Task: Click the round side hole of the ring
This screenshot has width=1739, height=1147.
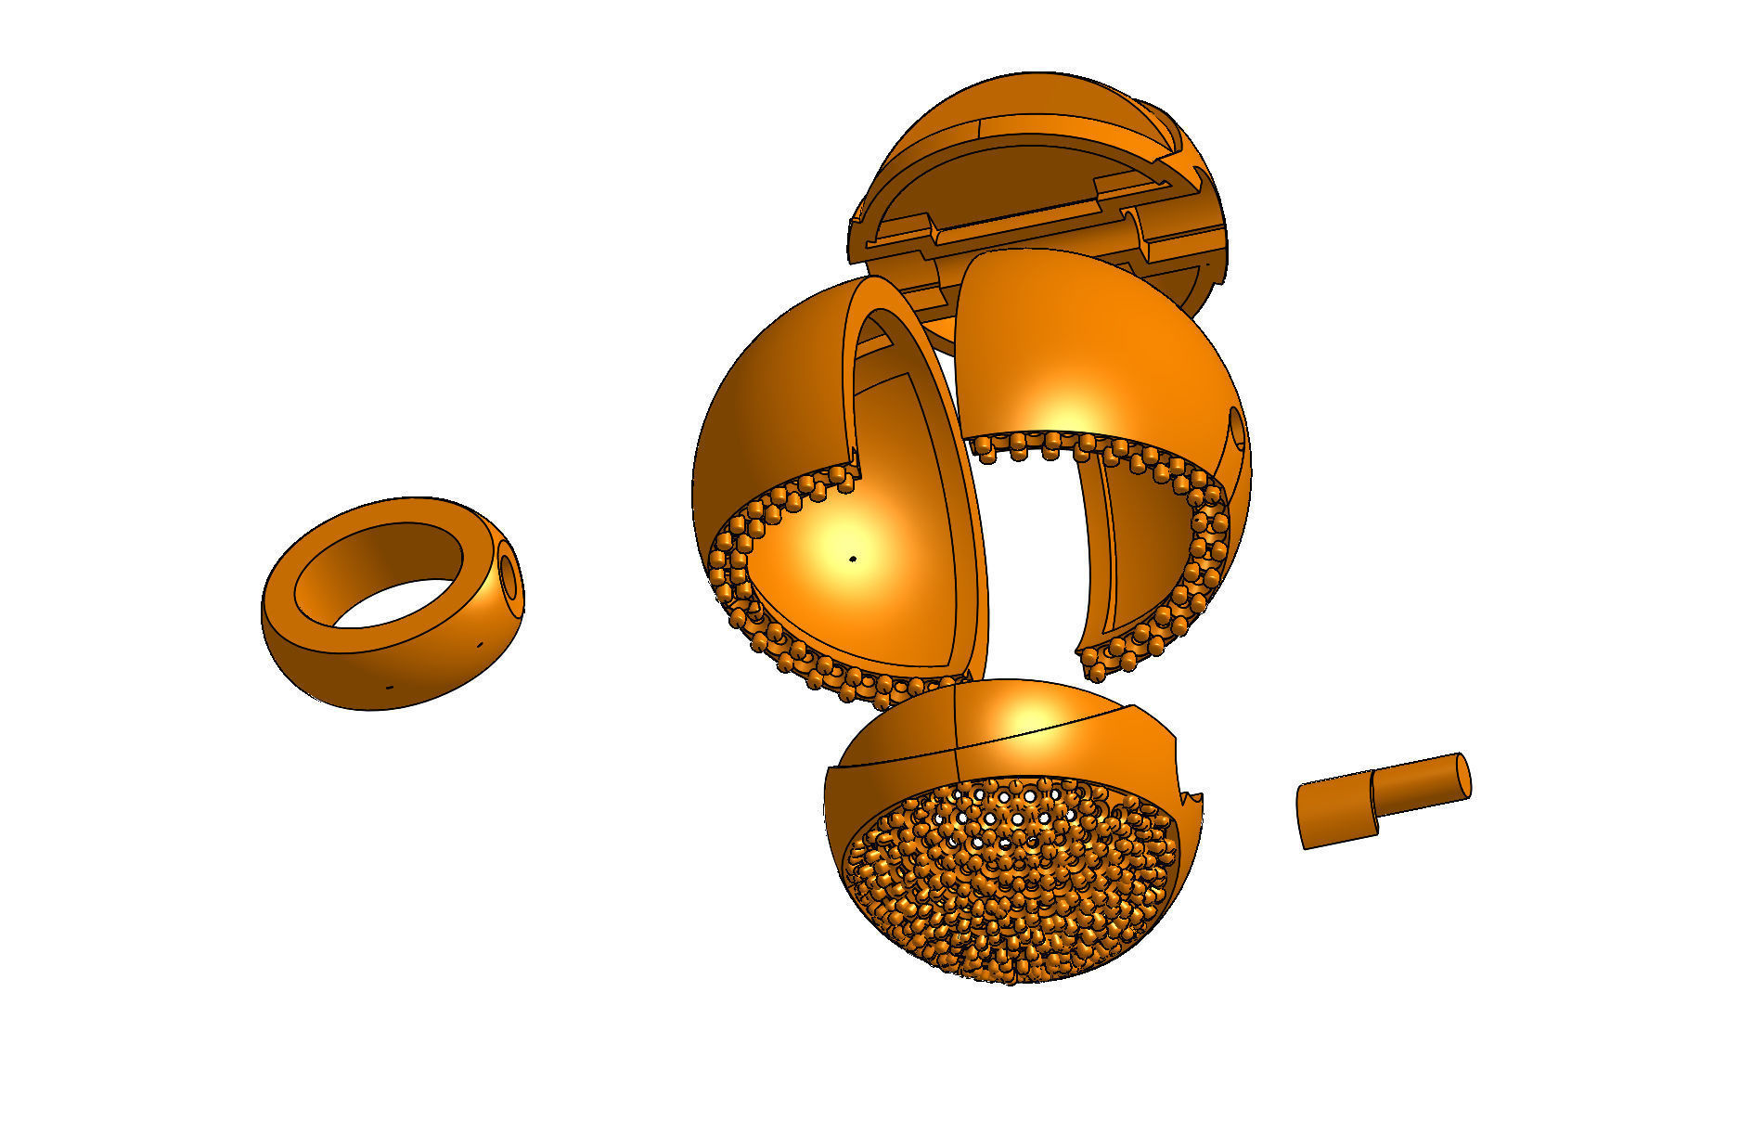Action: click(509, 574)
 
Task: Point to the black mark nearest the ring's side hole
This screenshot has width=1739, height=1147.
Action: click(480, 643)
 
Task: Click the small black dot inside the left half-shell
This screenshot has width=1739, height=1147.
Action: click(854, 559)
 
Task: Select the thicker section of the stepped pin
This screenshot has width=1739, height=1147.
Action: click(1336, 815)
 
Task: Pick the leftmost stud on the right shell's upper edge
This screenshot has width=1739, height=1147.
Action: click(982, 449)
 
